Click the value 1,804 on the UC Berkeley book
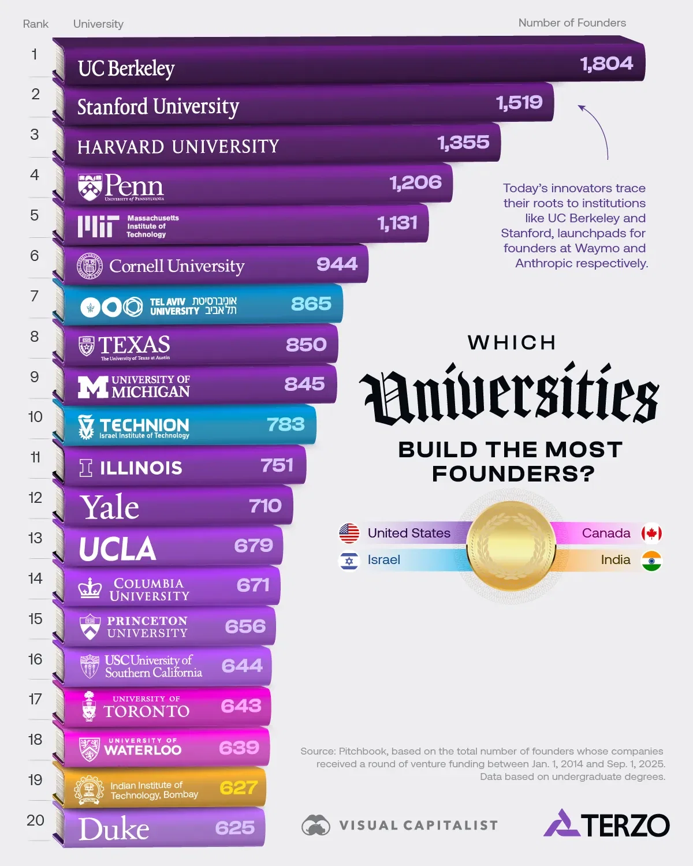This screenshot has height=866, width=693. click(x=606, y=64)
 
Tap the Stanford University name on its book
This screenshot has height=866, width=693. click(x=158, y=107)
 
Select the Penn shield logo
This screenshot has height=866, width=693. click(x=90, y=187)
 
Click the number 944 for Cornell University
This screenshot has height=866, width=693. click(x=337, y=264)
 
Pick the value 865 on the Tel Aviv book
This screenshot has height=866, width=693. click(x=311, y=304)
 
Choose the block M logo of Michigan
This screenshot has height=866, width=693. click(x=92, y=387)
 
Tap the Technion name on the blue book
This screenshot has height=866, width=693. click(x=144, y=425)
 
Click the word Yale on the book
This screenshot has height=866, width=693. click(x=110, y=507)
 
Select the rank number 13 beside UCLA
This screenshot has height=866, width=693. click(x=35, y=538)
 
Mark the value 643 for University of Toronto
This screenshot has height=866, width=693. click(x=241, y=706)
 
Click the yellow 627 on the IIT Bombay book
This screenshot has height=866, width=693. click(x=238, y=787)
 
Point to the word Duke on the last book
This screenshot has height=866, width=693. click(x=114, y=830)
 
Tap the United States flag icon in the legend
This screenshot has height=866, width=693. click(x=349, y=533)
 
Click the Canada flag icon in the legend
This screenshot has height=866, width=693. click(x=651, y=533)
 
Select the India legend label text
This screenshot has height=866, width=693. click(x=615, y=560)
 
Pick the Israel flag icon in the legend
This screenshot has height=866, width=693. click(x=349, y=560)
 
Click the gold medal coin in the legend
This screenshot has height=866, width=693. click(x=511, y=546)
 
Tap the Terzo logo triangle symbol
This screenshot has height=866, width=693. click(x=561, y=824)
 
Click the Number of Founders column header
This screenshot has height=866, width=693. click(x=572, y=23)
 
